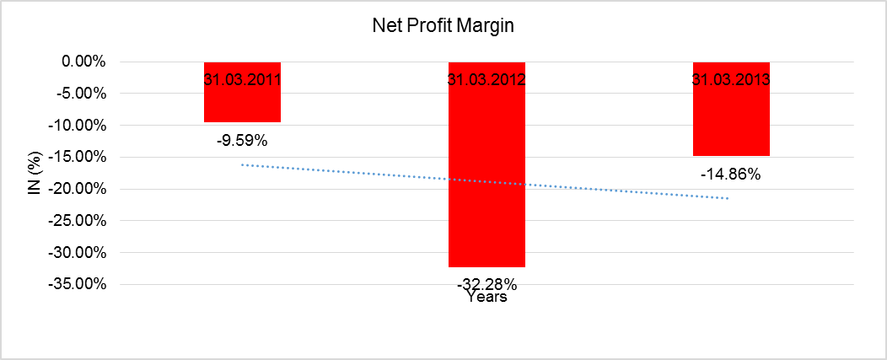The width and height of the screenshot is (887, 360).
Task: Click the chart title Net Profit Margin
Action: pos(443,26)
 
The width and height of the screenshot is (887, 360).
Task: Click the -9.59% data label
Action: pos(242,140)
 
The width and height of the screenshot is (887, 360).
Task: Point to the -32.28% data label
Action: pos(487,283)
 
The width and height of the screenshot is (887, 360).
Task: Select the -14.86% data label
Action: pos(731,175)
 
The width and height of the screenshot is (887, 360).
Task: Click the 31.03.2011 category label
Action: pos(242,81)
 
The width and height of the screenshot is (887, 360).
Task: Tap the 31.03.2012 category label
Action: pos(487,81)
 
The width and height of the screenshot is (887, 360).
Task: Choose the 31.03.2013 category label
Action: pos(731,81)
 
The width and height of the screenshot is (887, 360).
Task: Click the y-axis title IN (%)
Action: pos(34,172)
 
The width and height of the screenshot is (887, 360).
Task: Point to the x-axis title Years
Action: pos(487,297)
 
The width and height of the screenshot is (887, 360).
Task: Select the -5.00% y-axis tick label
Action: pos(79,94)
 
